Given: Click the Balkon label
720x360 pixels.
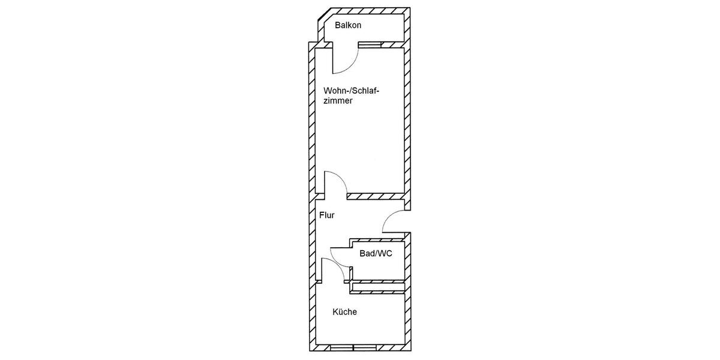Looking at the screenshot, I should click(x=349, y=26).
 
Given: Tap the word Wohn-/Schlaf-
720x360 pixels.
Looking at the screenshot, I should click(x=352, y=91).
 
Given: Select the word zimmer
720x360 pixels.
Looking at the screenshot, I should click(x=338, y=102).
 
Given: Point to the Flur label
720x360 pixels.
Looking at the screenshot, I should click(x=326, y=215).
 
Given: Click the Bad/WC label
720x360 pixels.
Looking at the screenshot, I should click(x=376, y=254).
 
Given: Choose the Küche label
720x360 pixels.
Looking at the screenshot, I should click(x=344, y=312).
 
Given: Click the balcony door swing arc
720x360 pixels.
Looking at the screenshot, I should click(x=348, y=62).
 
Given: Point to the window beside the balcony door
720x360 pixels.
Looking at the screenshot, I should click(x=370, y=44).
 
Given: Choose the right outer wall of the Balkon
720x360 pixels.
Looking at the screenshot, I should click(x=407, y=27).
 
